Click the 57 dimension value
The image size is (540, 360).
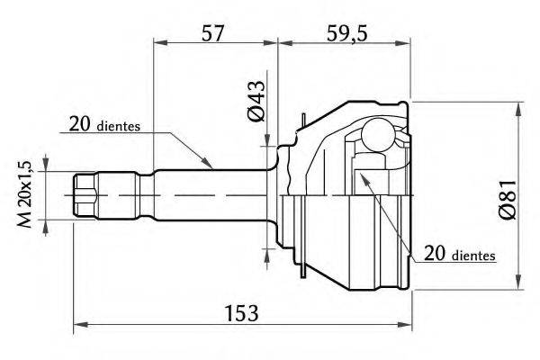tap(212, 33)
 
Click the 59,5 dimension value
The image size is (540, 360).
tap(347, 34)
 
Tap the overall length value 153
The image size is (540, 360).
tap(241, 313)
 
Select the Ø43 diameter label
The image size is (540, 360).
tap(256, 101)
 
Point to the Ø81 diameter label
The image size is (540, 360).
tap(508, 200)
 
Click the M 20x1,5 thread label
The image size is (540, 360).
tap(25, 194)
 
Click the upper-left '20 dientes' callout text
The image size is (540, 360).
tap(104, 124)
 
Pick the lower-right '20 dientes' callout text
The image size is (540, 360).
tap(460, 254)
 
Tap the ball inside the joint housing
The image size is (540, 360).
tap(378, 134)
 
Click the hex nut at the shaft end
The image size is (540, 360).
tap(85, 195)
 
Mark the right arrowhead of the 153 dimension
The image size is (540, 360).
tap(404, 324)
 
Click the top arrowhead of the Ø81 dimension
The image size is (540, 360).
tap(518, 110)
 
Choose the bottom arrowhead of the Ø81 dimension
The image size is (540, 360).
tap(518, 282)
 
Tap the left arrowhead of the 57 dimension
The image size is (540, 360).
tap(161, 42)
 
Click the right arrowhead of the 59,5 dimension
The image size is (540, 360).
tap(402, 43)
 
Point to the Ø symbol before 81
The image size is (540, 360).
tap(508, 211)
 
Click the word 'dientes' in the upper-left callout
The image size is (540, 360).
tap(119, 126)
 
